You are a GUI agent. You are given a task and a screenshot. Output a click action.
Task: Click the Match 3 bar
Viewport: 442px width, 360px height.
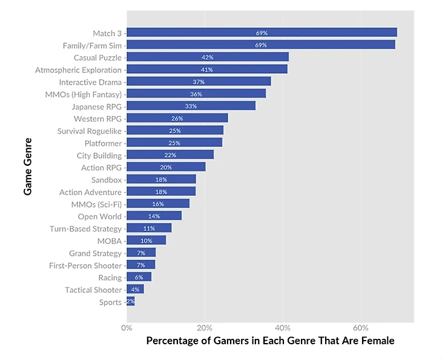point(262,33)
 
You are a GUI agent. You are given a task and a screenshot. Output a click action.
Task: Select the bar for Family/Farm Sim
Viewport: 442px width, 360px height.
point(260,45)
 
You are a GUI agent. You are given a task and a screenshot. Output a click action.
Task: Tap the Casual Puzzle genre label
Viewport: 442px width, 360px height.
point(97,57)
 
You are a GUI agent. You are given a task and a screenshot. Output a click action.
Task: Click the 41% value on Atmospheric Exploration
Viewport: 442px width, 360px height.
point(207,70)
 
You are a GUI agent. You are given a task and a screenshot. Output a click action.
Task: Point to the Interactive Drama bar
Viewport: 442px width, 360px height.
point(199,82)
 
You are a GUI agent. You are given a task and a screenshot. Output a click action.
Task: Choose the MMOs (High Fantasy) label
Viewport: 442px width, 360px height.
point(84,94)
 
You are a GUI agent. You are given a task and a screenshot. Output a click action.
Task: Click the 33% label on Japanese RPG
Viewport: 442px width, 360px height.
point(191,106)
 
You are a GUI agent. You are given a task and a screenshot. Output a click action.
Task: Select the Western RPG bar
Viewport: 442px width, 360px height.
point(177,119)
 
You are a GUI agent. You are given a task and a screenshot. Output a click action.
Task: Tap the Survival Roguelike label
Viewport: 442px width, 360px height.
point(90,131)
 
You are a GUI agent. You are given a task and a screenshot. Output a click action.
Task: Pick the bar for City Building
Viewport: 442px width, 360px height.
point(170,155)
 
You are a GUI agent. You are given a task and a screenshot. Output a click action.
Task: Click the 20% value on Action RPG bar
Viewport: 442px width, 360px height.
point(165,168)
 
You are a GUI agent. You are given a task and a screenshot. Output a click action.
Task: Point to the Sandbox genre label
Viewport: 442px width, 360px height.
point(107,180)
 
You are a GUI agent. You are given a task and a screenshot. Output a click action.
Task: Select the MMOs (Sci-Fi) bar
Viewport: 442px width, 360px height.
point(158,204)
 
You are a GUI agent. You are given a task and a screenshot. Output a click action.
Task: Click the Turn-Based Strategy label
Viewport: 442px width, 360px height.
point(86,229)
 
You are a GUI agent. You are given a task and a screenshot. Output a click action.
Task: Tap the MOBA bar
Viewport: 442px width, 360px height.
point(146,241)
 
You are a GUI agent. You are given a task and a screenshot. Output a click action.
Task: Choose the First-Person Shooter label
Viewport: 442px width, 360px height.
point(85,266)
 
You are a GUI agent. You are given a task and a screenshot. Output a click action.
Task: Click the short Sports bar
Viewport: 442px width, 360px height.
point(131,302)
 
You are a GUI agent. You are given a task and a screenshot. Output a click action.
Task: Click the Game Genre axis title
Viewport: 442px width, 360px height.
point(28,166)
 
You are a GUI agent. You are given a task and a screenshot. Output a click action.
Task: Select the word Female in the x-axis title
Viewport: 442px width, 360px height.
point(379,341)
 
